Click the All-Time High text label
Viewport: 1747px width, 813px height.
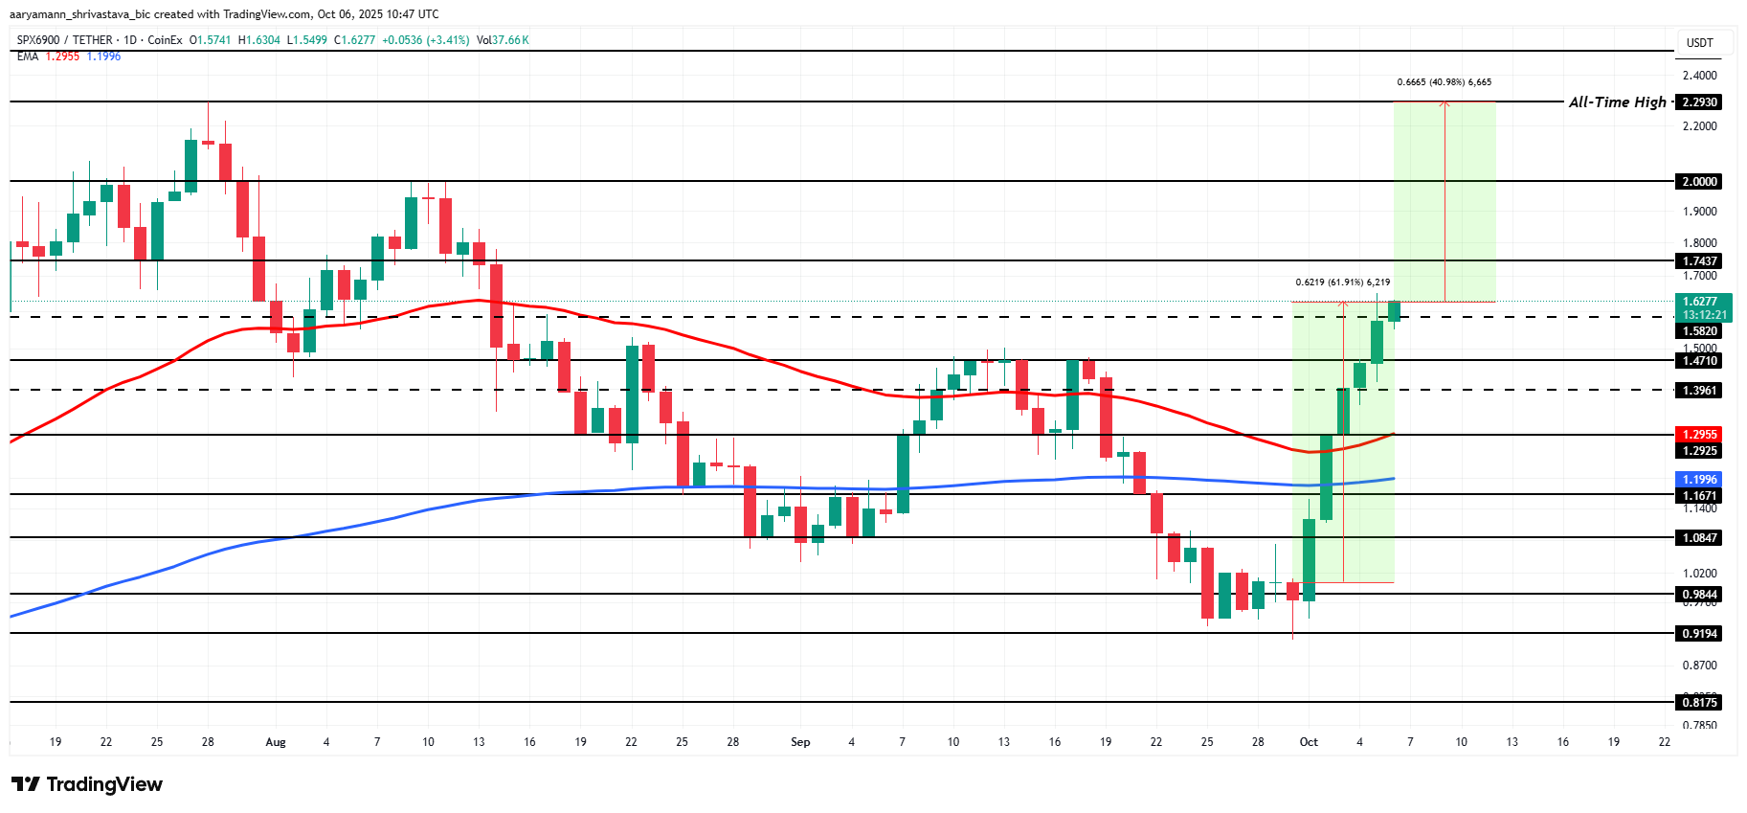[1617, 102]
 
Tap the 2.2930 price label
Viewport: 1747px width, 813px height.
[1700, 102]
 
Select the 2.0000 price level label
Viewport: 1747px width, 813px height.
[1700, 182]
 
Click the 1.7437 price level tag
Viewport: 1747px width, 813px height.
[1700, 261]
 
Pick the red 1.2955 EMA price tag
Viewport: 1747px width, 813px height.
[1700, 435]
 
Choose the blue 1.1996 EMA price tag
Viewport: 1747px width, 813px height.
[1700, 480]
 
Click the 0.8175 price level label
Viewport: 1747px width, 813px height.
[1700, 703]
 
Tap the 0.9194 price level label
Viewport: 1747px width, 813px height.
[1700, 634]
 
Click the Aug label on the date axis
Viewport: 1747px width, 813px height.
[276, 742]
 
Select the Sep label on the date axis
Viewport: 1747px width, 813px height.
[800, 742]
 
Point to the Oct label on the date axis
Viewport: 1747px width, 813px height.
[1309, 742]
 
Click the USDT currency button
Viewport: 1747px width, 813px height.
[1700, 43]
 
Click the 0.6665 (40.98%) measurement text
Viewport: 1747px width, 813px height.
[1444, 82]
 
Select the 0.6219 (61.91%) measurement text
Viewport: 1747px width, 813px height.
[1342, 282]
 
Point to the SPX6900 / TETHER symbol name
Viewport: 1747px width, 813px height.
[65, 40]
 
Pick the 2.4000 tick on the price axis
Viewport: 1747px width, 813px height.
[1700, 76]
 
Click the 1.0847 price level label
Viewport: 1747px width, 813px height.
[1700, 538]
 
